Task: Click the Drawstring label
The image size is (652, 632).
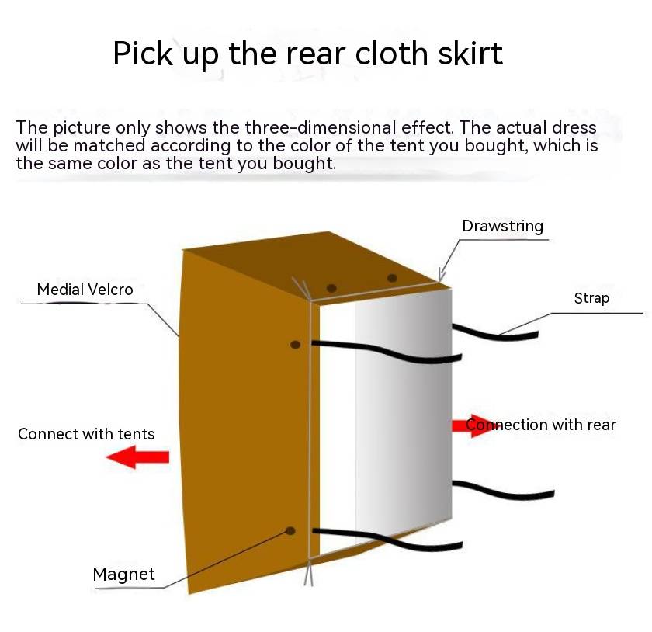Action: point(502,226)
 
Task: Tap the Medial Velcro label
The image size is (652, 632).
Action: point(85,289)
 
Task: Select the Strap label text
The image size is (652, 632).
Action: point(591,298)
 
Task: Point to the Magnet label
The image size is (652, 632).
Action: point(123,575)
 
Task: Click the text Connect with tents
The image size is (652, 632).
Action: point(86,434)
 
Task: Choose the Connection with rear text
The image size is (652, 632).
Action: point(540,425)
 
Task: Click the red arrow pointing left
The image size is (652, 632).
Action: point(137,457)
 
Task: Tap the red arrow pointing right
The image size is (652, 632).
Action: point(474,425)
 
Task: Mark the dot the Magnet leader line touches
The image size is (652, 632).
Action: point(290,531)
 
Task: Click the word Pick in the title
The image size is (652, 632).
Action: point(143,54)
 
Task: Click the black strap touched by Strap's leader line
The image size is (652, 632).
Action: point(495,333)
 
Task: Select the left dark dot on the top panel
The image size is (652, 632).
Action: point(331,288)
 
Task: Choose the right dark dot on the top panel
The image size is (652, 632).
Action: point(392,277)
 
